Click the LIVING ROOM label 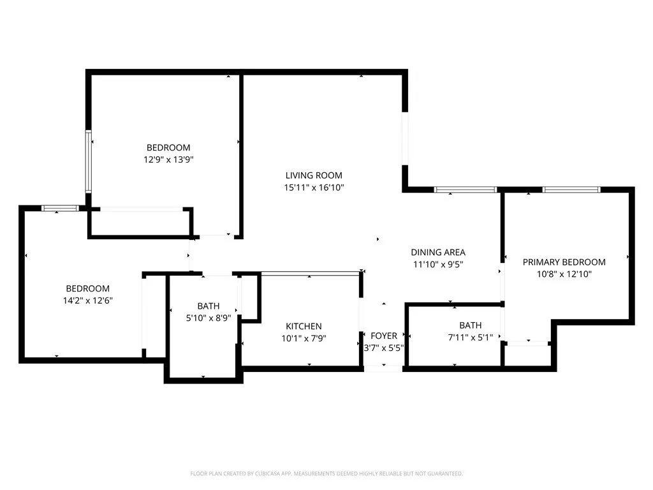(x=314, y=175)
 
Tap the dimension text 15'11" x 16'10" (x=314, y=188)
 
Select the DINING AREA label (x=437, y=252)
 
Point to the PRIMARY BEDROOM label (x=564, y=262)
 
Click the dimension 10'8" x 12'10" (x=564, y=274)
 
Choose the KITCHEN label (x=304, y=326)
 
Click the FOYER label (x=383, y=336)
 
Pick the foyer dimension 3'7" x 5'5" (x=383, y=348)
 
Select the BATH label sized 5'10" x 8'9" (x=209, y=306)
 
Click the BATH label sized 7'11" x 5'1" (x=470, y=325)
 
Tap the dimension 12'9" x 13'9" (x=168, y=160)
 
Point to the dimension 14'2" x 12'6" (x=87, y=301)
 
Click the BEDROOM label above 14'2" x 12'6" (x=87, y=288)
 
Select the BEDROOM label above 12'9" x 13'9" (x=168, y=147)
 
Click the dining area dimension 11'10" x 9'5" (x=437, y=264)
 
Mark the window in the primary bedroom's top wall (x=571, y=189)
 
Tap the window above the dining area (x=465, y=189)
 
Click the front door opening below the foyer (x=383, y=368)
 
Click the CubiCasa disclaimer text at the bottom (x=326, y=473)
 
